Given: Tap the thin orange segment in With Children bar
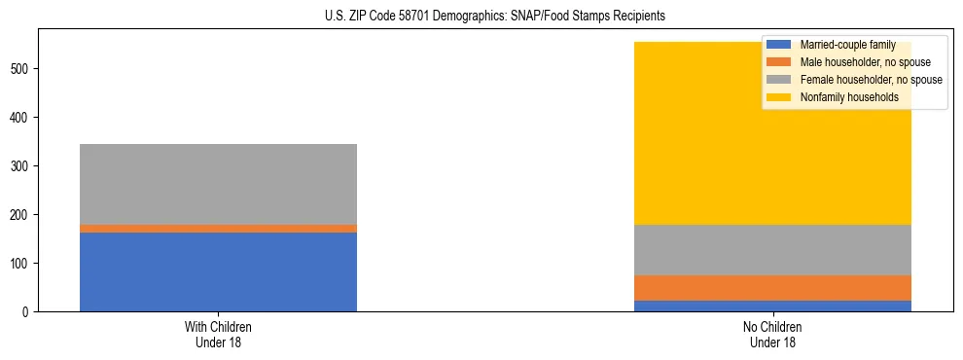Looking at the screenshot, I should pyautogui.click(x=218, y=229).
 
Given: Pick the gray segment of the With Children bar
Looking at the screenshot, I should pyautogui.click(x=218, y=184).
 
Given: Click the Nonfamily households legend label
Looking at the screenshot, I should pyautogui.click(x=849, y=97).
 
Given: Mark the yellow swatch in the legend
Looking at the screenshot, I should pyautogui.click(x=779, y=97).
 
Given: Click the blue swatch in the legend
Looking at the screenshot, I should pyautogui.click(x=779, y=45).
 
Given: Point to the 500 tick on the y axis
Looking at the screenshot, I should pyautogui.click(x=22, y=68).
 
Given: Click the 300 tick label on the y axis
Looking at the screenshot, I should pyautogui.click(x=22, y=165).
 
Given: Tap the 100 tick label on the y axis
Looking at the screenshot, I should pyautogui.click(x=22, y=263).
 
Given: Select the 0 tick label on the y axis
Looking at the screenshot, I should pyautogui.click(x=28, y=311).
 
